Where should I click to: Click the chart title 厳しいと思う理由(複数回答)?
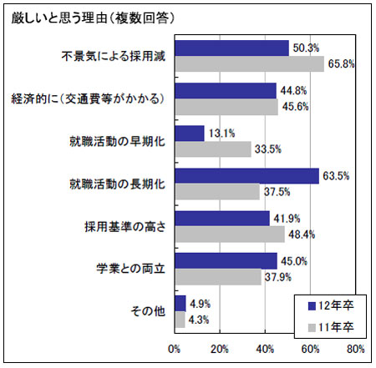93,18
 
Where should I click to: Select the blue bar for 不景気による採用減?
232,48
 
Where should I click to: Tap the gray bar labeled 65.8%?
250,63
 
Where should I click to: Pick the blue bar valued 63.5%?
247,176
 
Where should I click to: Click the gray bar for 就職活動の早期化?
213,149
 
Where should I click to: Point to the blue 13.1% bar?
190,134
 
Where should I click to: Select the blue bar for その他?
180,304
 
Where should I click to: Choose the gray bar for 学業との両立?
218,277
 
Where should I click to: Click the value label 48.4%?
302,234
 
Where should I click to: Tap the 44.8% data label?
293,91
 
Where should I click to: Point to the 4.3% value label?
199,320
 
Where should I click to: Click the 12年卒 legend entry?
331,306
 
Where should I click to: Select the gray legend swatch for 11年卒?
312,328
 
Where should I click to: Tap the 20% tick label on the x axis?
220,349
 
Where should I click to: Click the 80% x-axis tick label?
356,349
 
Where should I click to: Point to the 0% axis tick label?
174,349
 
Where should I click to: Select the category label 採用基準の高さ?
125,227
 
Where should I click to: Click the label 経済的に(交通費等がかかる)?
88,98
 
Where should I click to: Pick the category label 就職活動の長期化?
117,184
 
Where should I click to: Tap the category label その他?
148,311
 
